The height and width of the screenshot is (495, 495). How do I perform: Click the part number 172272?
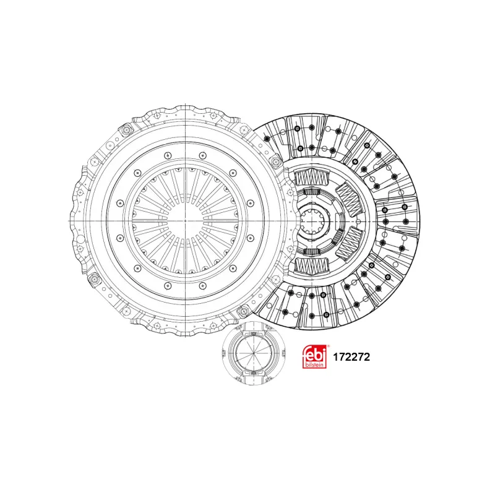click(x=351, y=357)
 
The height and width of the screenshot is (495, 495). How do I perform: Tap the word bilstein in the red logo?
click(x=314, y=364)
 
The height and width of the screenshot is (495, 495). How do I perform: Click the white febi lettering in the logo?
click(x=314, y=354)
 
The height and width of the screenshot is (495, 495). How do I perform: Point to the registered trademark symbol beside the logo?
click(x=328, y=346)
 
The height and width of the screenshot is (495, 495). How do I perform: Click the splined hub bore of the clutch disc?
click(x=314, y=221)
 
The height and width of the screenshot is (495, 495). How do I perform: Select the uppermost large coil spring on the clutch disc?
click(x=311, y=177)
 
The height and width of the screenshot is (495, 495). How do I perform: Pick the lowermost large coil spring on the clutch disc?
click(x=311, y=265)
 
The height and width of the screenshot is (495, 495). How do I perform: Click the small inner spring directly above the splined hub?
click(x=312, y=192)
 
